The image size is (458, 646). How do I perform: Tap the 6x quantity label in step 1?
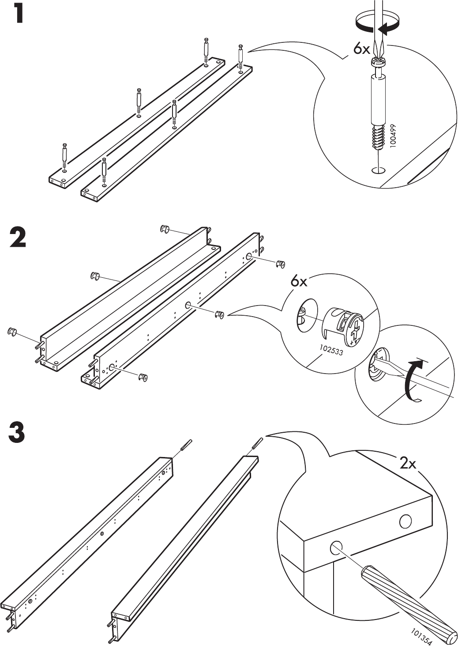coord(361,49)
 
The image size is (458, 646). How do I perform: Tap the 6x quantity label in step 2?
coord(299,281)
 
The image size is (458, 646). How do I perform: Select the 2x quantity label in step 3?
coord(408,463)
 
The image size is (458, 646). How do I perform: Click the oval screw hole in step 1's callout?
coord(378,170)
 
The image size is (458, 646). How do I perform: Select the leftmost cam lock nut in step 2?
coord(12,331)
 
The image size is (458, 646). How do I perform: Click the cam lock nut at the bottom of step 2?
coord(143,377)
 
